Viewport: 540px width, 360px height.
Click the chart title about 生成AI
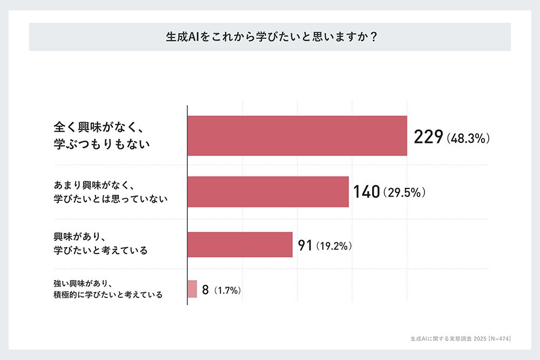270,37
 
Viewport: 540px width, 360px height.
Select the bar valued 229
297,136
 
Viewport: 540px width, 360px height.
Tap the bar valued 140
268,192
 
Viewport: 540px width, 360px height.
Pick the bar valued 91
240,245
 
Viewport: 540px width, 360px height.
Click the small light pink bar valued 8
192,289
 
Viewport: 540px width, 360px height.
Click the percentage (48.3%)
468,139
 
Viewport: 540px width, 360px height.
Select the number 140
367,192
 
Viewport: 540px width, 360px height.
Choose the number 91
306,246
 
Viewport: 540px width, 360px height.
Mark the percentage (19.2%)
334,247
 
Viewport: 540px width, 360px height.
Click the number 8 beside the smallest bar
205,290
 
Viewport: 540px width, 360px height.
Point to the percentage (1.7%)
227,291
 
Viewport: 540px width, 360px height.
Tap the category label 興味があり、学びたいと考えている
100,244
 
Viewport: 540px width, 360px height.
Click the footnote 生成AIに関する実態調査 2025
441,338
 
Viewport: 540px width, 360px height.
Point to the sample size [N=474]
496,338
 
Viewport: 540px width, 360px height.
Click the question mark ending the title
373,37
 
